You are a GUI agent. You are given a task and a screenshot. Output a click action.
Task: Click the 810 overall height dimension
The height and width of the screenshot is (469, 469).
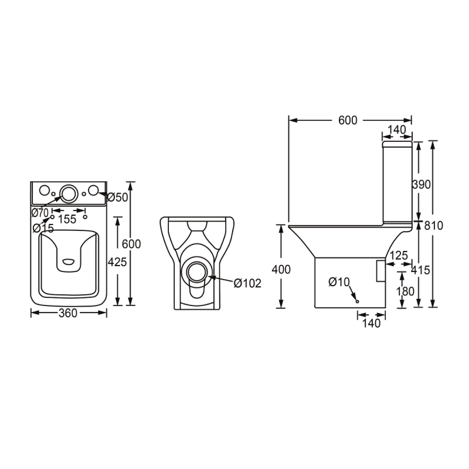pos(433,226)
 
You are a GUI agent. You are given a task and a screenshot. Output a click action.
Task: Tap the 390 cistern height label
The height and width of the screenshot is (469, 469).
pos(422,185)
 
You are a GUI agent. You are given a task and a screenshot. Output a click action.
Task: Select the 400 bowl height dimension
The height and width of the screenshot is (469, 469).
pos(281,270)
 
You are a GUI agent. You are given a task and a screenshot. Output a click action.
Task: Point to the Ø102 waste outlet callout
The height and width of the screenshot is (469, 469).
pos(247,283)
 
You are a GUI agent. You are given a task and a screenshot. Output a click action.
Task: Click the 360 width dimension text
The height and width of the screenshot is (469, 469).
pos(68,313)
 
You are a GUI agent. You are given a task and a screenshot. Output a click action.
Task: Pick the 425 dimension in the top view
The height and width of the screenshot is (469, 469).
pos(117,262)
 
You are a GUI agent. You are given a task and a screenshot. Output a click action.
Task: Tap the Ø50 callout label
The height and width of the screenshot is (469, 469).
pos(117,198)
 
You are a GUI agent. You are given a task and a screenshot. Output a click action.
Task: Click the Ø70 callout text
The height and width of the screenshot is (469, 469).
pos(40,213)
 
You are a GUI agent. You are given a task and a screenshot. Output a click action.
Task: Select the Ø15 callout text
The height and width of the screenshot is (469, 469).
pos(43,228)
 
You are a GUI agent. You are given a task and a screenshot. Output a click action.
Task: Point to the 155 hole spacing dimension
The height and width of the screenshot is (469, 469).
pos(67,219)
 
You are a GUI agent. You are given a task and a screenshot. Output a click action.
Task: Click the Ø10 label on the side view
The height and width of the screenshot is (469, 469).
pos(339,282)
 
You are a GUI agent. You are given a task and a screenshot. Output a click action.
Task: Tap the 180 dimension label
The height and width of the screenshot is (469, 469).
pos(405,291)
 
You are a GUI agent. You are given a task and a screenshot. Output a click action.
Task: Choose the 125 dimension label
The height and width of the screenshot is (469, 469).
pos(399,256)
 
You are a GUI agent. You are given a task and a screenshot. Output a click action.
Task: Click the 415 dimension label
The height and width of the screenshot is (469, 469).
pos(420,270)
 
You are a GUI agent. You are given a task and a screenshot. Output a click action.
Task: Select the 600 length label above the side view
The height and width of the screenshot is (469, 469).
pos(348,120)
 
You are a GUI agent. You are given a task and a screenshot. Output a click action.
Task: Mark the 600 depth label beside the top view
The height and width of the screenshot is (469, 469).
pos(131,244)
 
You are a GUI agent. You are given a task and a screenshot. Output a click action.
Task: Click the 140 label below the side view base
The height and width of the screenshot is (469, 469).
pos(372,324)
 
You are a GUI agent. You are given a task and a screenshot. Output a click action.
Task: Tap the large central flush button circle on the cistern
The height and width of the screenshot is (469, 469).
pos(69,193)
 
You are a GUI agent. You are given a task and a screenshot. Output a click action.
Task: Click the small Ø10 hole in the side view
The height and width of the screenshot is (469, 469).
pos(357,301)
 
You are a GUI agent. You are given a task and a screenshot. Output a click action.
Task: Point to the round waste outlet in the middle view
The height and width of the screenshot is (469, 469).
pos(196,272)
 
